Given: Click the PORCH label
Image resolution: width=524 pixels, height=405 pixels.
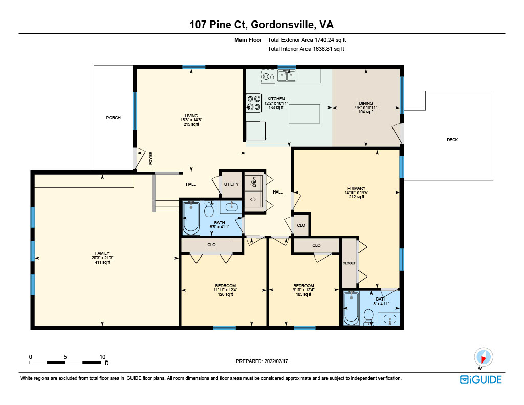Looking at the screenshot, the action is [x=113, y=118].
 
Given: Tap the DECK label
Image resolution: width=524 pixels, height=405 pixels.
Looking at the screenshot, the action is [x=452, y=140].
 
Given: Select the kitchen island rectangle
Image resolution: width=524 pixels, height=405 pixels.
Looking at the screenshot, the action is [x=304, y=114].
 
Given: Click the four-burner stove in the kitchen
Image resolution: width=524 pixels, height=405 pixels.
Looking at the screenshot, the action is [x=253, y=103].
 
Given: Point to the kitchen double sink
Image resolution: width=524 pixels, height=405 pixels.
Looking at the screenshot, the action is [x=287, y=76].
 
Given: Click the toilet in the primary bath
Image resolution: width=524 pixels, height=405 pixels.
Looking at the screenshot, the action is [x=368, y=317].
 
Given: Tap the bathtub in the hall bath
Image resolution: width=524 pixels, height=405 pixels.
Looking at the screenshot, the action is [x=191, y=218].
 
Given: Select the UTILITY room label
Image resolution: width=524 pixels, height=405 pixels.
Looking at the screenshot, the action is [x=231, y=184].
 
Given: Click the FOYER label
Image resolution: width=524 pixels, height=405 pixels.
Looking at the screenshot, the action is [x=151, y=158].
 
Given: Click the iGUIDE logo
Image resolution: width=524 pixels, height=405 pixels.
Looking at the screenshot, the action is [x=481, y=380].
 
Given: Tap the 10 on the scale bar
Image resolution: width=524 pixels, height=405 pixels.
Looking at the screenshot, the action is [x=102, y=357].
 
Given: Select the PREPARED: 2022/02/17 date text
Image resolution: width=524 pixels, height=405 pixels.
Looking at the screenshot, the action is [x=261, y=361].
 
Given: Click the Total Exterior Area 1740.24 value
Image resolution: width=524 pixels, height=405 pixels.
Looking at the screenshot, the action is [x=324, y=40].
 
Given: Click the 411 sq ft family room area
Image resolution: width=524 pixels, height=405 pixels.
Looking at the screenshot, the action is [x=102, y=262].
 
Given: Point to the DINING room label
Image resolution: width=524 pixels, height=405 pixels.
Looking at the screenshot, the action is [x=366, y=103].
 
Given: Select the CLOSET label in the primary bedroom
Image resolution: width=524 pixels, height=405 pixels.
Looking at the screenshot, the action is [x=349, y=263].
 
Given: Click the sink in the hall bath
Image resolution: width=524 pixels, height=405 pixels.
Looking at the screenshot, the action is [x=232, y=207].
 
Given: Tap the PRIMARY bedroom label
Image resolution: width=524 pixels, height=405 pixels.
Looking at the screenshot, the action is [x=356, y=188].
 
